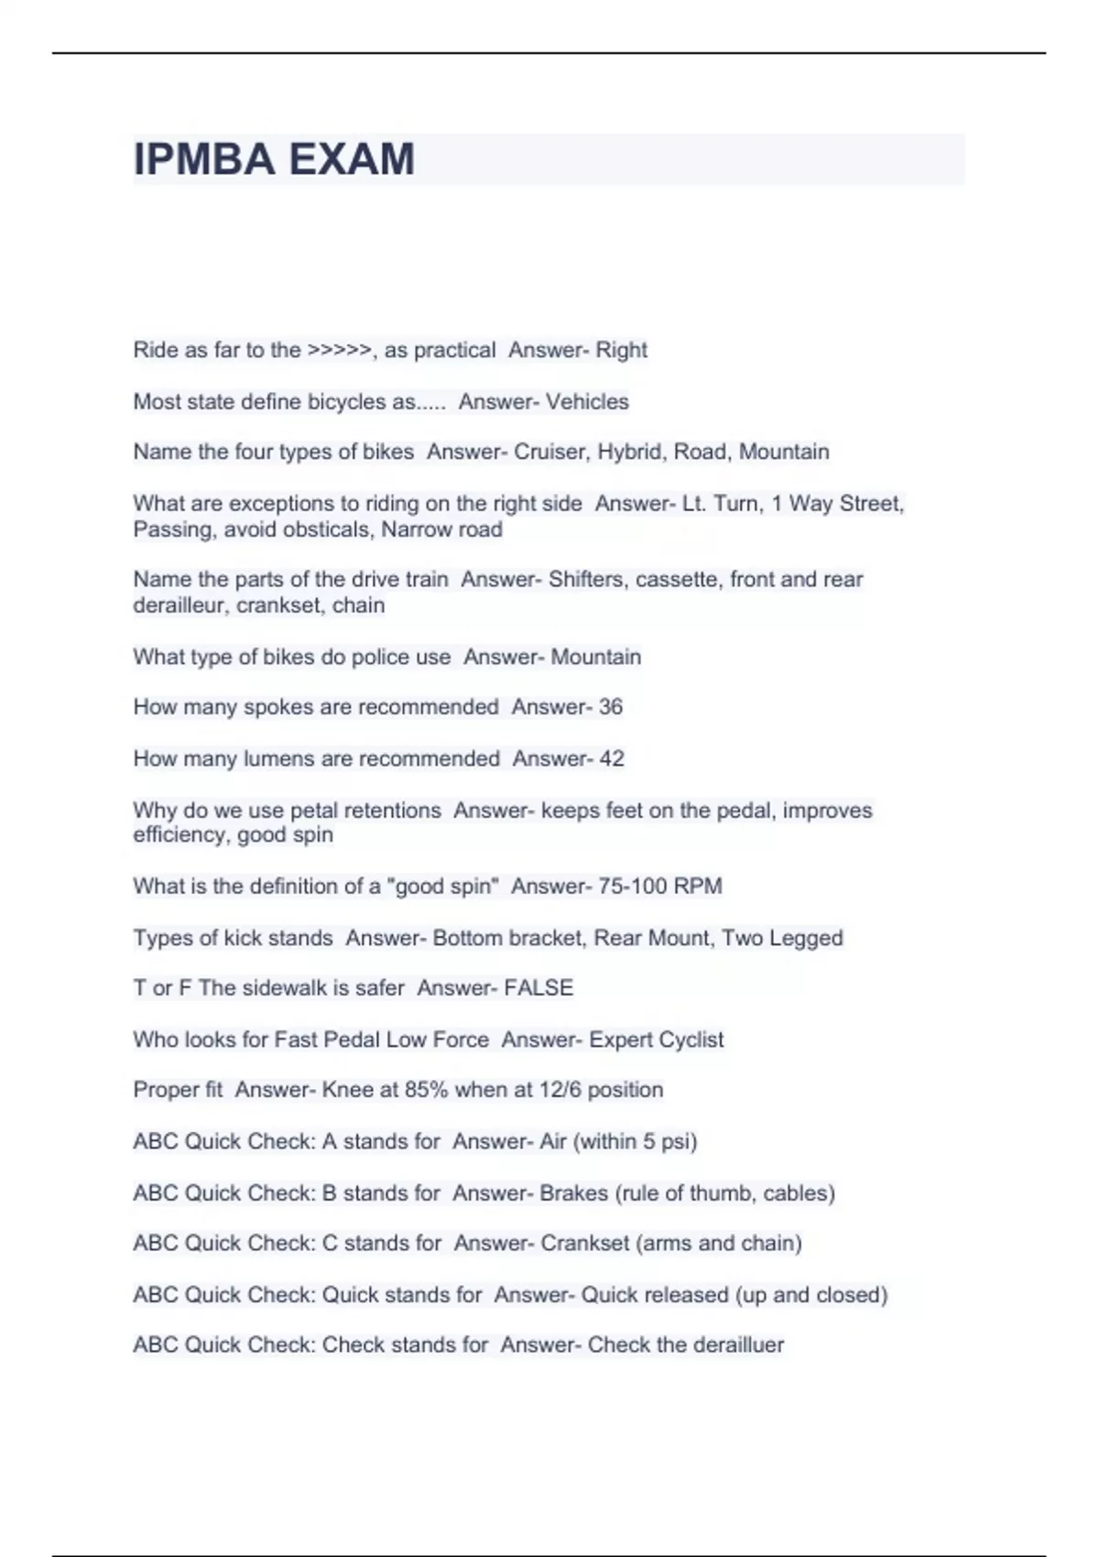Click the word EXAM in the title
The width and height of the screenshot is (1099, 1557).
352,159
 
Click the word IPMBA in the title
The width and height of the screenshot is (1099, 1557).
204,159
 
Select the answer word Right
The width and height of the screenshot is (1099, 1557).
621,350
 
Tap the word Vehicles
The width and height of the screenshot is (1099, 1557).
587,401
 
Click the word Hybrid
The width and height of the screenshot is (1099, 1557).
632,452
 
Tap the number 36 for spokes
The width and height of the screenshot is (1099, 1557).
610,707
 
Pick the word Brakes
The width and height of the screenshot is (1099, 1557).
573,1192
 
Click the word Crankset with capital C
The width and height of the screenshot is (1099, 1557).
584,1243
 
